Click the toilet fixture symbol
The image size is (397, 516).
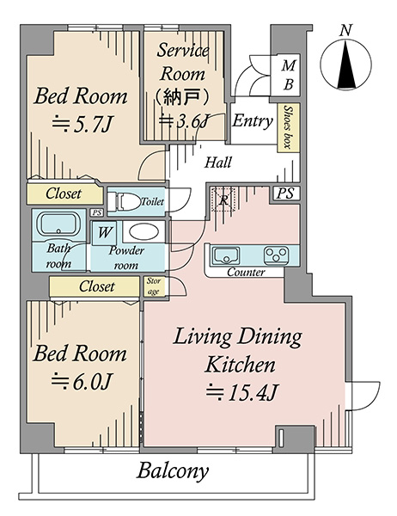coord(125,201)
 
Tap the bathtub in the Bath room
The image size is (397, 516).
coord(59,224)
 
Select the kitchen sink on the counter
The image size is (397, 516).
coord(226,255)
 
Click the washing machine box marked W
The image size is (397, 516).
coord(104,233)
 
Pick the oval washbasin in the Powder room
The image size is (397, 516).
coord(142,231)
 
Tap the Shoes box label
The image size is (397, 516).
coord(288,127)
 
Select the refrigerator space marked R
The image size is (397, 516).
coord(223,200)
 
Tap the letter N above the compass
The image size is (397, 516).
coord(345,30)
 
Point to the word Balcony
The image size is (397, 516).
coord(173,471)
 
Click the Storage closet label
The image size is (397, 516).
coord(154,286)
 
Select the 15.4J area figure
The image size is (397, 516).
coord(242,393)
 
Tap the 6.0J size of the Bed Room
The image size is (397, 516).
coord(82,381)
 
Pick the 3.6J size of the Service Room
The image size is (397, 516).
coord(183,121)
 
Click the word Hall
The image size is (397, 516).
coord(218,163)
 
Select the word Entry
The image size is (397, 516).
coord(253,121)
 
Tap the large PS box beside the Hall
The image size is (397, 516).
coord(285,193)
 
